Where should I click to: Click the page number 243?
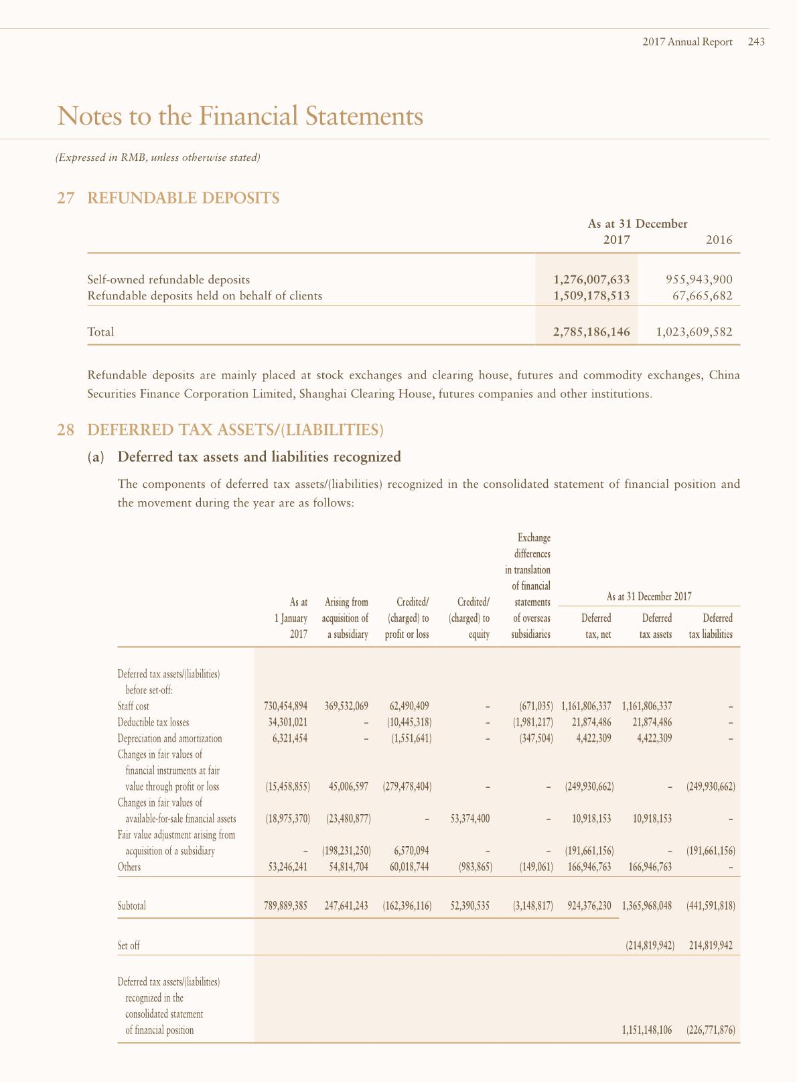(x=756, y=42)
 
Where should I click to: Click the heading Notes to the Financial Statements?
(x=240, y=116)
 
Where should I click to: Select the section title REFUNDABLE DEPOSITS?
(x=184, y=198)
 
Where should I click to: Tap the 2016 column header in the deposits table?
(x=719, y=240)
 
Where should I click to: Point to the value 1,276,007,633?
(x=591, y=279)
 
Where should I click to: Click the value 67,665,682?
(x=703, y=295)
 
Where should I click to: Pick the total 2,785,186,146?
(x=591, y=332)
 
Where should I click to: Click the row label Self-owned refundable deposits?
(x=169, y=279)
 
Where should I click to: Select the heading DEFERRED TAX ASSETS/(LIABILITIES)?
(x=235, y=429)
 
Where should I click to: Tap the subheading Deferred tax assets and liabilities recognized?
(x=259, y=457)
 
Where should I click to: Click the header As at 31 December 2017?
(x=648, y=596)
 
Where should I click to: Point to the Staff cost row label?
(x=133, y=706)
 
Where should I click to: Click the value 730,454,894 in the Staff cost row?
(x=286, y=706)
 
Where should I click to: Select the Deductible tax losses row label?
(x=153, y=722)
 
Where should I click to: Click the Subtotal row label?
(x=131, y=906)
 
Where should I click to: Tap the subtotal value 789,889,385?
(x=286, y=906)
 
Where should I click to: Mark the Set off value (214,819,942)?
(x=646, y=946)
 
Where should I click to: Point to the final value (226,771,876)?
(x=711, y=1030)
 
